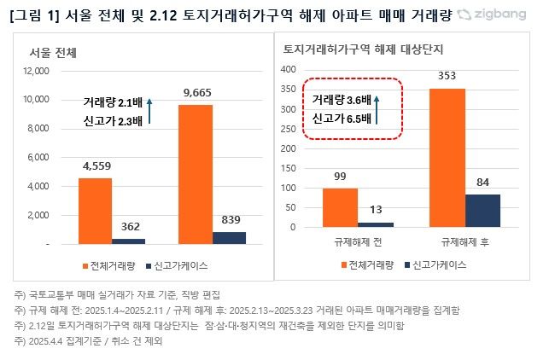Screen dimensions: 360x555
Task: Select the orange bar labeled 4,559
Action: pyautogui.click(x=95, y=211)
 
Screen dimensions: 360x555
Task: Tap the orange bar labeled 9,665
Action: pyautogui.click(x=196, y=174)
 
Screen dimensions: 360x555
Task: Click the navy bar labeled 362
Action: pyautogui.click(x=129, y=241)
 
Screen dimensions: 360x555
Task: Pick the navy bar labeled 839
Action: pyautogui.click(x=229, y=237)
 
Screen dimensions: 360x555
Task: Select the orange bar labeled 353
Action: pyautogui.click(x=441, y=158)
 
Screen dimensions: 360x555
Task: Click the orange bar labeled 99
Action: pyautogui.click(x=340, y=207)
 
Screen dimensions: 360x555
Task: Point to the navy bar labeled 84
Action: pyautogui.click(x=482, y=210)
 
